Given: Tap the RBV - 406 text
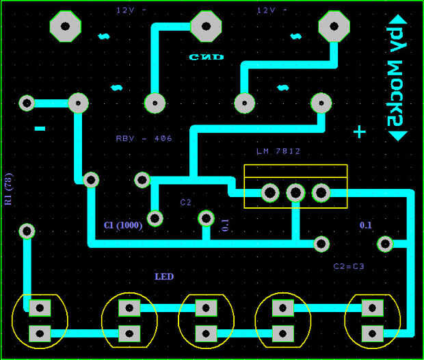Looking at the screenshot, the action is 144,138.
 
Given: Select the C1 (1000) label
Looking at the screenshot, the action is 123,225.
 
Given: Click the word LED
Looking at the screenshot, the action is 164,277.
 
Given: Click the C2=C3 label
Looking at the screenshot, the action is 349,266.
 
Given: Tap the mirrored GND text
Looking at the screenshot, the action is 206,57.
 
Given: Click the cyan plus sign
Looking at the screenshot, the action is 359,132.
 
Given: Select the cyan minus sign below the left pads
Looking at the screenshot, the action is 40,128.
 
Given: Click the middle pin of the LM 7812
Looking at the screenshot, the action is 295,193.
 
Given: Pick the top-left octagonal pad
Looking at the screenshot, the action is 66,27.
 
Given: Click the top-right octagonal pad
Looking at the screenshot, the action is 334,27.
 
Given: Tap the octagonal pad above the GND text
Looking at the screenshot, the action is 206,27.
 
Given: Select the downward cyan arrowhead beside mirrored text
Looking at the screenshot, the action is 397,135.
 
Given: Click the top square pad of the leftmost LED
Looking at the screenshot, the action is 40,309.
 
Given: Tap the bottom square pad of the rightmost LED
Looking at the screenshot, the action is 372,333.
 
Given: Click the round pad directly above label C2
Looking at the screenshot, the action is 142,180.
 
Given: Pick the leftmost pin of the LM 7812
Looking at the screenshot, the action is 270,193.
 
